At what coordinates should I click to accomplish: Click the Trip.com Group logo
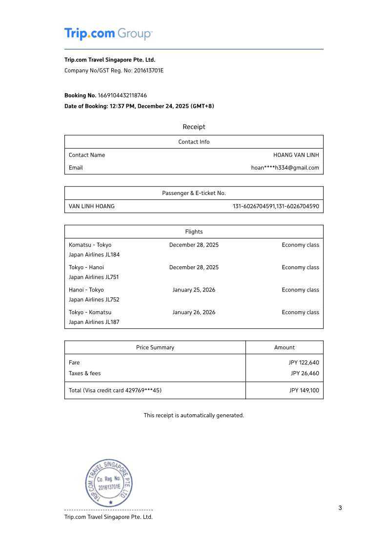click(x=108, y=34)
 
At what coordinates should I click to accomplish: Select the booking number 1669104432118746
click(x=122, y=95)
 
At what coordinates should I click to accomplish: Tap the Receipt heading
click(x=194, y=127)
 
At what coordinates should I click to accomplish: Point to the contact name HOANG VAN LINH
click(x=296, y=155)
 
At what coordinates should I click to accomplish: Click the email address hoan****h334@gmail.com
click(x=285, y=168)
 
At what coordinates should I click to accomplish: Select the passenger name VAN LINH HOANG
click(x=92, y=206)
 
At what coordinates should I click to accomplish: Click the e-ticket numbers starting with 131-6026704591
click(x=276, y=206)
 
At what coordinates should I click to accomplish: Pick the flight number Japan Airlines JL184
click(x=94, y=254)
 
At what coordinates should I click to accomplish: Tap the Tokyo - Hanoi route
click(x=86, y=267)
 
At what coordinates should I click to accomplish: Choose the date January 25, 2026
click(x=194, y=290)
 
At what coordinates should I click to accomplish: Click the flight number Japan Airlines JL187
click(x=94, y=322)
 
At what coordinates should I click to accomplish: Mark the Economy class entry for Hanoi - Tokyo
click(x=300, y=290)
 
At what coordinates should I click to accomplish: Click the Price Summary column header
click(x=155, y=347)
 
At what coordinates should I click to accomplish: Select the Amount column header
click(x=284, y=347)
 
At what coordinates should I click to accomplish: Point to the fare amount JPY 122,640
click(x=304, y=362)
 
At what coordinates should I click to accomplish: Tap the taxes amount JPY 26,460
click(x=305, y=373)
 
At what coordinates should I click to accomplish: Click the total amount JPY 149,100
click(x=304, y=390)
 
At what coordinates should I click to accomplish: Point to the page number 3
click(x=340, y=507)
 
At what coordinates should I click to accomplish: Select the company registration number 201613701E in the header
click(x=149, y=70)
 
